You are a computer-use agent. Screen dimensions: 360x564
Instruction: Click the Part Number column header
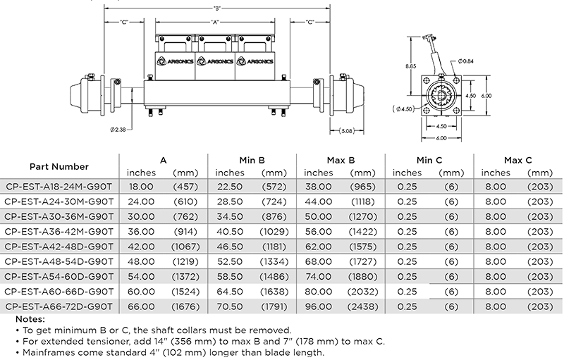click(x=59, y=167)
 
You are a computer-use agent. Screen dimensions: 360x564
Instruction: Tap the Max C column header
click(x=518, y=161)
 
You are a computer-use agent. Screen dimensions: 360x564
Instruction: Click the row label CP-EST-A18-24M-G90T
click(x=59, y=187)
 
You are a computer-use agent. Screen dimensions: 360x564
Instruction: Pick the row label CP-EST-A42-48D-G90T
click(x=59, y=247)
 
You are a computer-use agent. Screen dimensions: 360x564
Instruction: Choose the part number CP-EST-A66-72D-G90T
click(x=59, y=306)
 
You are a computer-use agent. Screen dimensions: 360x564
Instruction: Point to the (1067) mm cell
click(x=185, y=247)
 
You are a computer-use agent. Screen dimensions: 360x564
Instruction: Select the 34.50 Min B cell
click(x=230, y=216)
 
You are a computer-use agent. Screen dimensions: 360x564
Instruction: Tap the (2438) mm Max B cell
click(x=362, y=306)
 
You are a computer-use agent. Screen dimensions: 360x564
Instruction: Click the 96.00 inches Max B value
click(x=319, y=306)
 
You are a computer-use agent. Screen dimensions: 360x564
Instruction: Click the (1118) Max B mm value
click(x=362, y=201)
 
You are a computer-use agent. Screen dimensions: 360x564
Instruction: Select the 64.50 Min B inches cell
click(x=230, y=292)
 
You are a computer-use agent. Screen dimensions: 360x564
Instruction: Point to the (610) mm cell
click(x=185, y=201)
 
